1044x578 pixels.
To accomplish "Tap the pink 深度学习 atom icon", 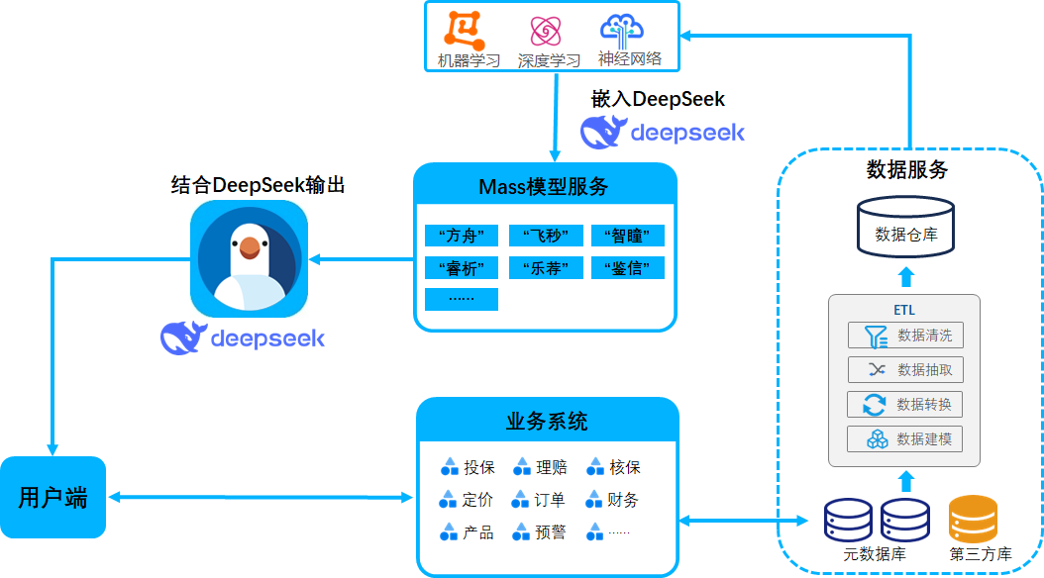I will (x=547, y=32).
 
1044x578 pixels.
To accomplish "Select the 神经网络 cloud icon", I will (x=623, y=31).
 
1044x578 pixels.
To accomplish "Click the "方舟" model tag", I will (x=461, y=236).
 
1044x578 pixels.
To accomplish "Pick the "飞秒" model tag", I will (x=545, y=236).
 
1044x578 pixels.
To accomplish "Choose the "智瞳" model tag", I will (x=628, y=236).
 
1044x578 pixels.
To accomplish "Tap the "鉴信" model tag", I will (x=628, y=267).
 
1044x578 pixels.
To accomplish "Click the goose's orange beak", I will (x=250, y=245).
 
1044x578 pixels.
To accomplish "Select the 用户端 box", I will (x=52, y=497).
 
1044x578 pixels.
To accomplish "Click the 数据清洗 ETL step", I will (x=905, y=336).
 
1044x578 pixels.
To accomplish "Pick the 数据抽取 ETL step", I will (x=905, y=370).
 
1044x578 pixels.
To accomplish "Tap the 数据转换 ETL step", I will (x=905, y=405).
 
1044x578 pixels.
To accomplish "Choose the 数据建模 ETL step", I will (x=905, y=439).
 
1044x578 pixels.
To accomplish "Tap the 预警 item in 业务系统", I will (x=541, y=532).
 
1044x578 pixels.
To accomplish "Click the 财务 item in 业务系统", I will (x=614, y=500).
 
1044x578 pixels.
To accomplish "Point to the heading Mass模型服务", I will (x=544, y=186).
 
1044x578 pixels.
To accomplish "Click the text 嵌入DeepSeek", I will (x=658, y=99).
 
